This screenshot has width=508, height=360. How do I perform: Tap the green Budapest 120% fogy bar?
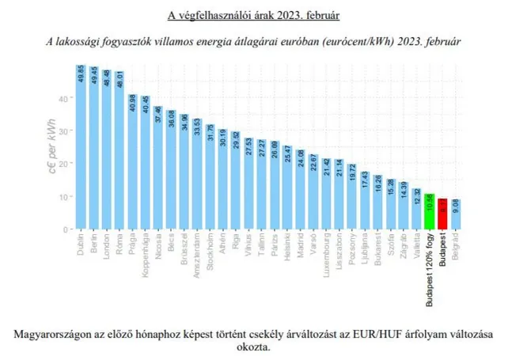429,211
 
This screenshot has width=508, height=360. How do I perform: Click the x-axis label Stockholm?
210,251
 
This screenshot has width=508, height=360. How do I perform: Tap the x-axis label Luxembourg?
327,255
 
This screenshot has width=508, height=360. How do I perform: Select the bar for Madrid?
301,189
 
